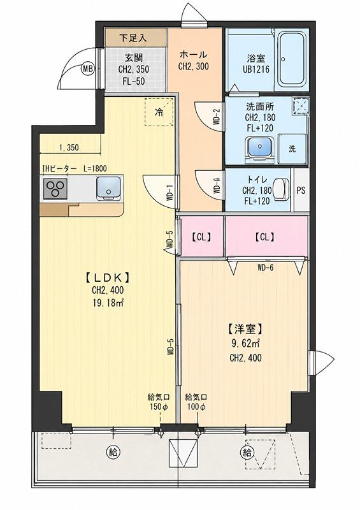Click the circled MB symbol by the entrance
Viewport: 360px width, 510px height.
click(x=87, y=69)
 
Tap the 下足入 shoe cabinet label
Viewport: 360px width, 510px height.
click(x=133, y=38)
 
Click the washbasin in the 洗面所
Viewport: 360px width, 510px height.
click(x=260, y=148)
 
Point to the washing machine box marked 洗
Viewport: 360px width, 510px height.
click(x=292, y=149)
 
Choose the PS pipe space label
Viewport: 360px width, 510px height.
click(x=301, y=190)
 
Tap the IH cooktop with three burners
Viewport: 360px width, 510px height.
click(x=55, y=189)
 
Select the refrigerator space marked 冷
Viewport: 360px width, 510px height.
click(x=159, y=112)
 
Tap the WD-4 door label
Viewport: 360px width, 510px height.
click(x=216, y=186)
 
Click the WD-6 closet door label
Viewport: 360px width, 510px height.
click(x=265, y=268)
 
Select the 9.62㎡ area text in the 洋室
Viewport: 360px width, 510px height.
click(x=245, y=343)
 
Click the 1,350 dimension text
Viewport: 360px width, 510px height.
click(x=69, y=148)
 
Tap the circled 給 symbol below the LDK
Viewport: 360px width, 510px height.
click(x=113, y=451)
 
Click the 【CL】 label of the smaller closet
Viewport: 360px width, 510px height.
click(x=201, y=237)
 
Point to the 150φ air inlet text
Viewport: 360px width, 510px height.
click(x=159, y=407)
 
